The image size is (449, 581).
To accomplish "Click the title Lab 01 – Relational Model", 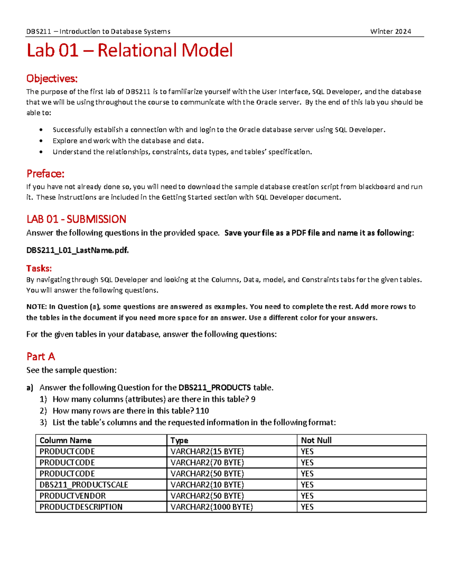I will pos(129,51).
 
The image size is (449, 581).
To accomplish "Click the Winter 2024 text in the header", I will pos(390,31).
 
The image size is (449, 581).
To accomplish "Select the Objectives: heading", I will pos(52,79).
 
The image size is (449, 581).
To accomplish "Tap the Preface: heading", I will pos(45,174).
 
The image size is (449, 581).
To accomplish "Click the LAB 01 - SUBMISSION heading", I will pos(76,219).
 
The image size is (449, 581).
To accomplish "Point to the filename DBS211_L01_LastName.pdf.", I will pos(77,250).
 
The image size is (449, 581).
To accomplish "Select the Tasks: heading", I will pos(39,268).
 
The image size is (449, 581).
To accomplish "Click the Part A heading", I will pos(40,357).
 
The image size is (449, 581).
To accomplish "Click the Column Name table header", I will pos(65,440).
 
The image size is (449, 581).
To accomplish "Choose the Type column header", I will pos(179,440).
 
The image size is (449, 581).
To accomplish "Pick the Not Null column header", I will pos(316,440).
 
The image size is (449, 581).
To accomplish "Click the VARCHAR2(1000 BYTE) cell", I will pos(211,507).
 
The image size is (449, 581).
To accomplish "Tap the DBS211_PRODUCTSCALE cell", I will pos(84,485).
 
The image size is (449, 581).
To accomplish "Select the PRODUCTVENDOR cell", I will pos(73,496).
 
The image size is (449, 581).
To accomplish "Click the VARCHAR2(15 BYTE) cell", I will pos(207,452).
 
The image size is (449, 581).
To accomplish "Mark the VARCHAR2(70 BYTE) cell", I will pos(207,463).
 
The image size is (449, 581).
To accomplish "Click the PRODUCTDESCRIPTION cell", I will pos(81,507).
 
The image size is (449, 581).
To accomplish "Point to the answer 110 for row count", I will pos(202,411).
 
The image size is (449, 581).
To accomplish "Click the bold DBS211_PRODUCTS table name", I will pos(214,388).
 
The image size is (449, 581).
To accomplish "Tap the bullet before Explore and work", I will pos(41,141).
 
